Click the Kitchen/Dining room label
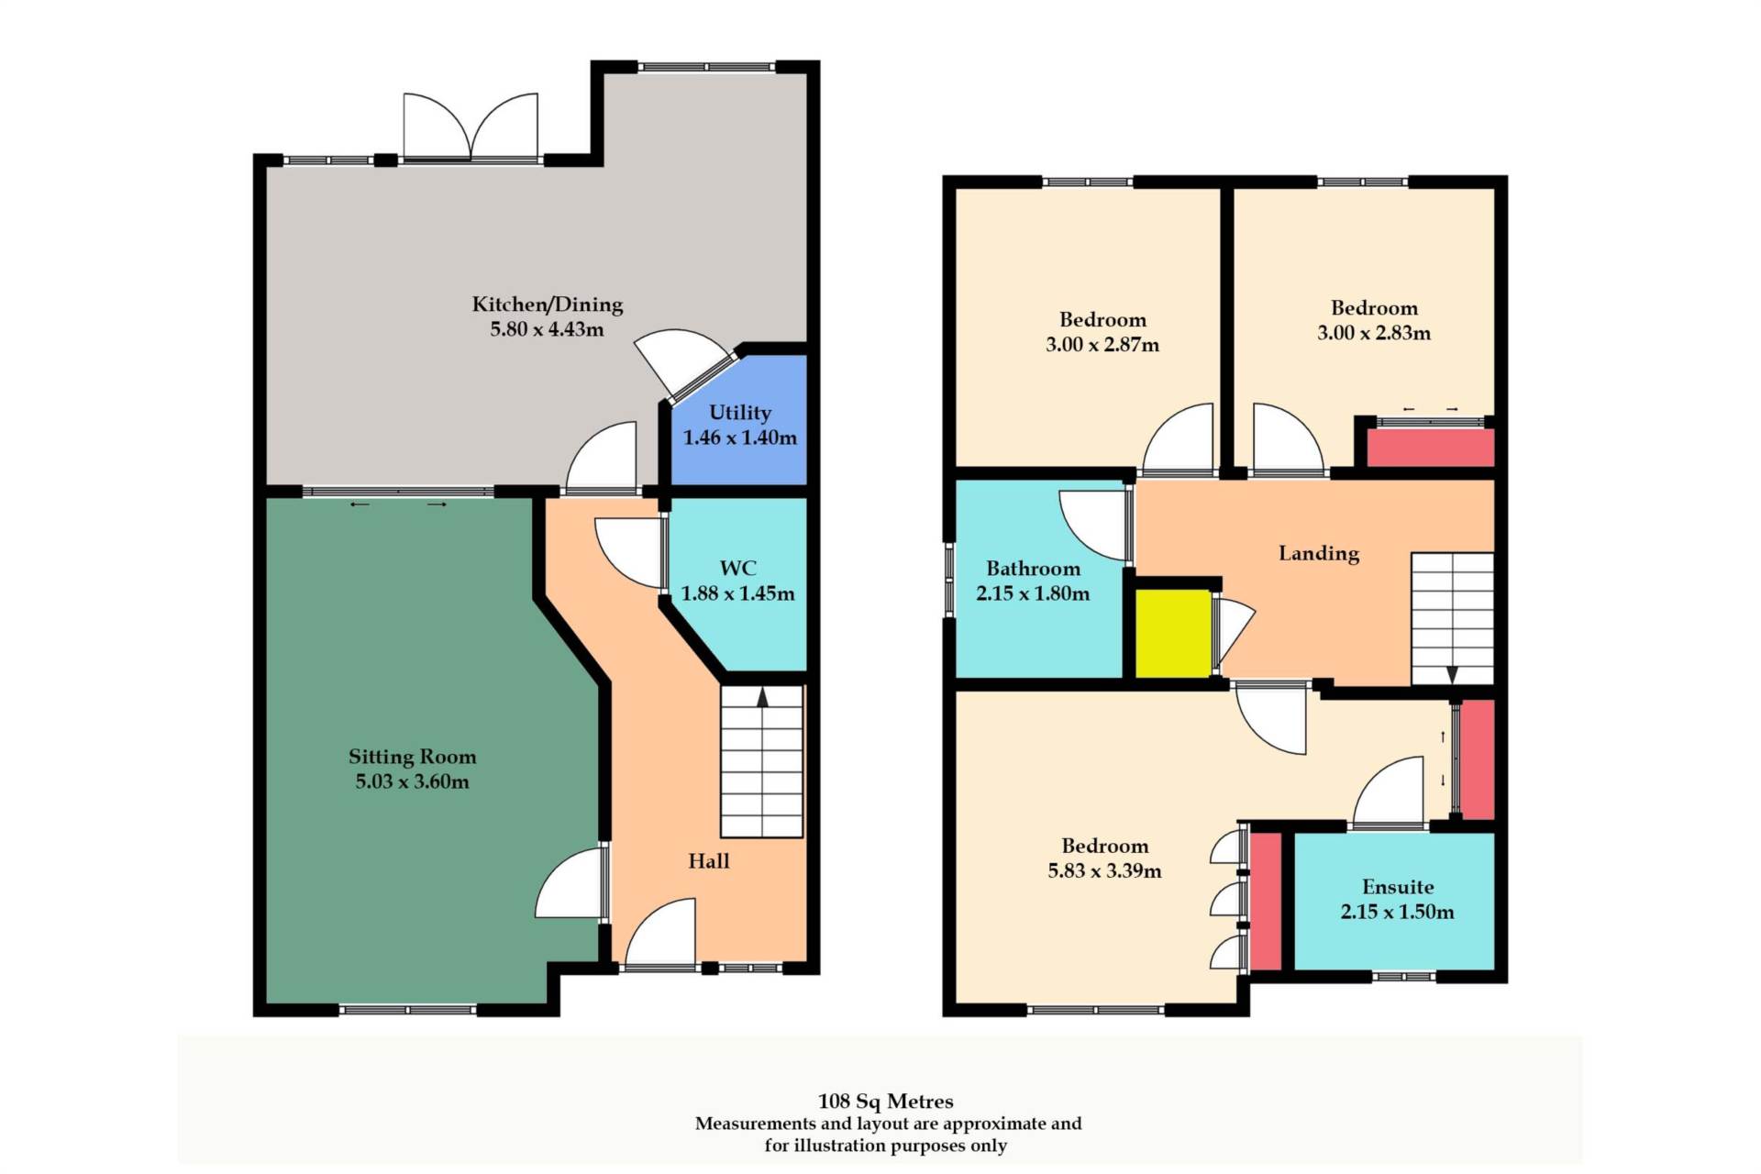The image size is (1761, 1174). [548, 305]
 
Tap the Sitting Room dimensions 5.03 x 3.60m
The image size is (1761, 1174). [412, 781]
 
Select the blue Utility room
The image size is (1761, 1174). [739, 422]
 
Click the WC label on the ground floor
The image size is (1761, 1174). [737, 568]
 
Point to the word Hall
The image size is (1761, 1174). [709, 861]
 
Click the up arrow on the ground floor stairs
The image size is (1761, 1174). [762, 697]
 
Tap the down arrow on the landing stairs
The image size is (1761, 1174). [1452, 675]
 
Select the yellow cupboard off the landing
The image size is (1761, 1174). [1173, 633]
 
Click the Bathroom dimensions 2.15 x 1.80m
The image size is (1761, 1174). [1033, 593]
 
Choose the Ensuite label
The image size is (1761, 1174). [1398, 887]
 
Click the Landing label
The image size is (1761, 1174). [1319, 553]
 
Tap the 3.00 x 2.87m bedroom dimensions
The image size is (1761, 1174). [1102, 345]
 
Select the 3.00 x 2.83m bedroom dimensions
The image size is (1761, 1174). [1374, 333]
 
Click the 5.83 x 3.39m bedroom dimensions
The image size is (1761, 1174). [1104, 870]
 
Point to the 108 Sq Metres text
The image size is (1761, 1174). [886, 1102]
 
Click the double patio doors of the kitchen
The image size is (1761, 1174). [471, 127]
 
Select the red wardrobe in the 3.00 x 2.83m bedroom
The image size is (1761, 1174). [1431, 448]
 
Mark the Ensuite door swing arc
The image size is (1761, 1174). [1389, 791]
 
